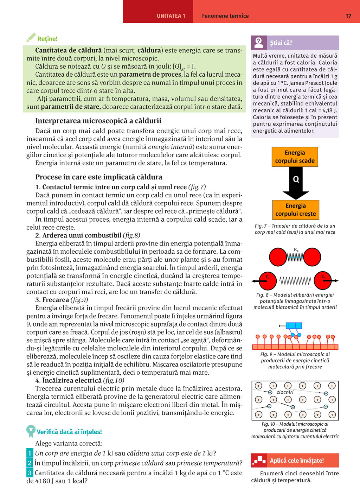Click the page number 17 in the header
[x=348, y=16]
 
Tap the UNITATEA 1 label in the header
[x=171, y=16]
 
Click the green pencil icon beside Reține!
[x=31, y=38]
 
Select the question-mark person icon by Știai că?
[x=259, y=43]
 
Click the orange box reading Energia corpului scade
[x=295, y=157]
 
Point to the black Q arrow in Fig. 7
[x=296, y=182]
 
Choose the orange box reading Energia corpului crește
[x=295, y=210]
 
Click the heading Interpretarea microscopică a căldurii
[x=98, y=121]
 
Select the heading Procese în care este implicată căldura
[x=99, y=177]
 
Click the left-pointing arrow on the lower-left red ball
[x=256, y=281]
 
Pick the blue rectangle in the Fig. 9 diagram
[x=294, y=325]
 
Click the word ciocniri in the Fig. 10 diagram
[x=285, y=392]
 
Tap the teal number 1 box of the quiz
[x=30, y=453]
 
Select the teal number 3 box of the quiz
[x=30, y=473]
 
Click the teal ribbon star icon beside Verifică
[x=31, y=430]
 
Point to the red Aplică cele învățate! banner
[x=295, y=460]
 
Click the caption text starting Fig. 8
[x=295, y=301]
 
